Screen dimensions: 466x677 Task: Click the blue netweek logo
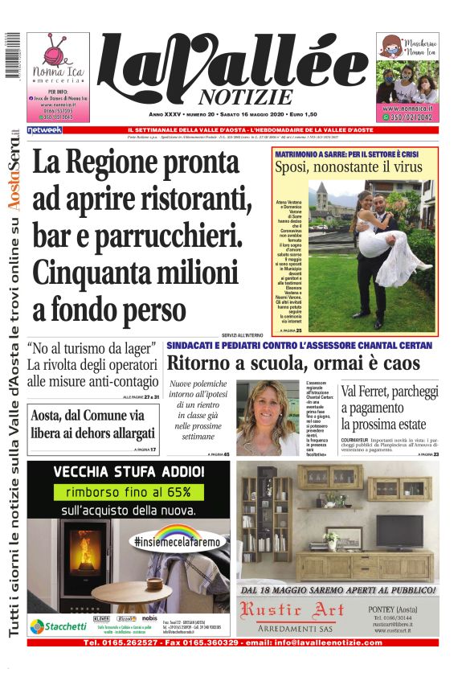pyautogui.click(x=44, y=129)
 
